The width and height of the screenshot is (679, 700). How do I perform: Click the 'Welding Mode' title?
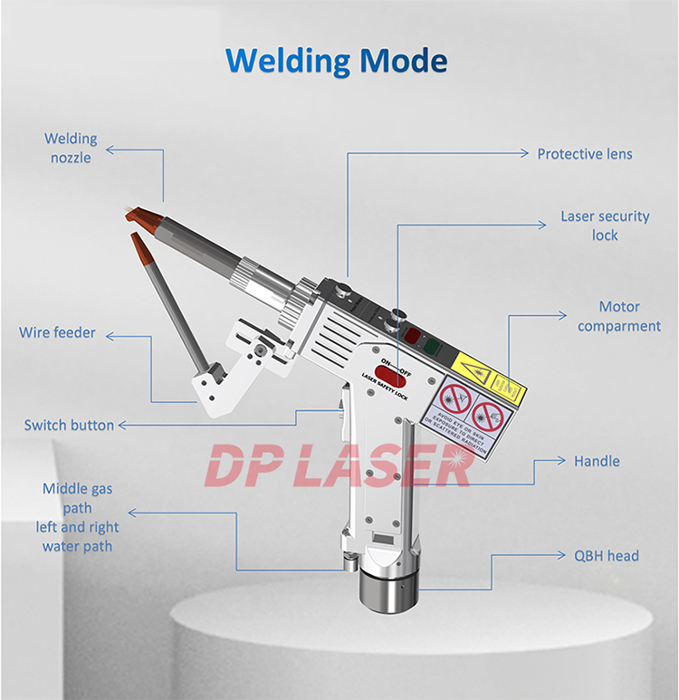pos(336,61)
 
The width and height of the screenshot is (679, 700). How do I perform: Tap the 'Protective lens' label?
pos(585,154)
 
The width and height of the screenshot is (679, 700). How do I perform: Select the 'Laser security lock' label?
pos(605,225)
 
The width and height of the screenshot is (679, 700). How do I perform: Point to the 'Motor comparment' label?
pos(619,317)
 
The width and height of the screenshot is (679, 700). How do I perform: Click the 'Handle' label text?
pos(597,461)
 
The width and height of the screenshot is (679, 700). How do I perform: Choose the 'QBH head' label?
pos(607,555)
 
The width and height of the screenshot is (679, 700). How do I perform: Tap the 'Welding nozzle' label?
pos(71,148)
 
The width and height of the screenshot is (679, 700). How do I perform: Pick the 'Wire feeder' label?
pos(57,332)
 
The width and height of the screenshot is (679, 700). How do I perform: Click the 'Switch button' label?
pos(69,425)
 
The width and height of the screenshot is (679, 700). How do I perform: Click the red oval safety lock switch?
pos(390,371)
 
